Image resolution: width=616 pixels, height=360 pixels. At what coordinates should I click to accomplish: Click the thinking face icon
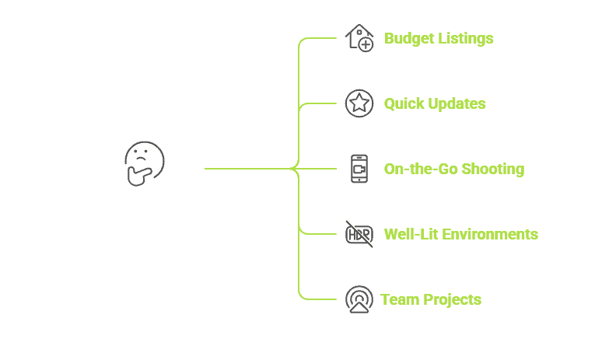click(145, 163)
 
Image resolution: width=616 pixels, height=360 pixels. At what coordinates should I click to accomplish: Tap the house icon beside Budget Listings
click(359, 37)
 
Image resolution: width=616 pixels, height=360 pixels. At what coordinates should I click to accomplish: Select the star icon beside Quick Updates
click(359, 103)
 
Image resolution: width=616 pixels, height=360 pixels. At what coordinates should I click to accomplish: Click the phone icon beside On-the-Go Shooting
click(359, 169)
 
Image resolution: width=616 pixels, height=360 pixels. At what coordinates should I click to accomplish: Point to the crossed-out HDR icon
click(359, 233)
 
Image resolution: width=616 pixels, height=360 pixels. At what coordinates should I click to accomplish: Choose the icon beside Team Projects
click(359, 299)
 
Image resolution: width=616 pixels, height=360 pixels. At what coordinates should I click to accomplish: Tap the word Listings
click(465, 38)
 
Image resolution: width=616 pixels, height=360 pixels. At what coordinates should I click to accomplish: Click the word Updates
click(457, 103)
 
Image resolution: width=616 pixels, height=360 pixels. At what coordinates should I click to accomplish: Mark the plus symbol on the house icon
click(366, 45)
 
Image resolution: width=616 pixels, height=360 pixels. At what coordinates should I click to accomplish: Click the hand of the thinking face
click(140, 176)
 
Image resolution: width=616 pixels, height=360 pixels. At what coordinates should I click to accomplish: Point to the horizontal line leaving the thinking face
click(245, 168)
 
